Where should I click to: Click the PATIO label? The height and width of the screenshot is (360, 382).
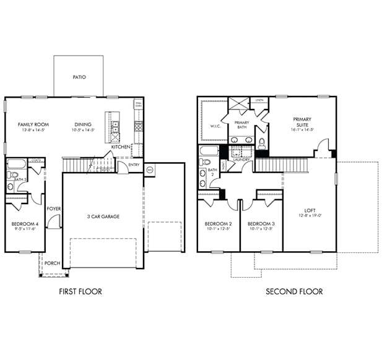point(79,77)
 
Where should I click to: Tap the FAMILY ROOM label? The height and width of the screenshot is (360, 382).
point(33,124)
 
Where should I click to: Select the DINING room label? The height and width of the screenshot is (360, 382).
point(83,124)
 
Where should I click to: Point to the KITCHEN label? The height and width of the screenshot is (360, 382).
point(120,147)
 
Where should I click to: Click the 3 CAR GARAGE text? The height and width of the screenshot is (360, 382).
point(103,216)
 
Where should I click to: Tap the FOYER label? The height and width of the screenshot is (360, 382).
point(54,209)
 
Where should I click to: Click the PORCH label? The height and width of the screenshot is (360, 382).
point(52,263)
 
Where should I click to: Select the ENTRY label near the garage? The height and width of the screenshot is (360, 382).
point(134,165)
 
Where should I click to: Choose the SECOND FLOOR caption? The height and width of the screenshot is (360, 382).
point(294,291)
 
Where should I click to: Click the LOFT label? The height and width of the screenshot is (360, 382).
point(310,210)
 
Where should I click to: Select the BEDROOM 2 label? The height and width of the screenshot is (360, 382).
point(218,223)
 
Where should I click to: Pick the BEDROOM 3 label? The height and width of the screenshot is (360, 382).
point(261,223)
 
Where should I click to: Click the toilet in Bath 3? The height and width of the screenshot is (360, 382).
point(11,186)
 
